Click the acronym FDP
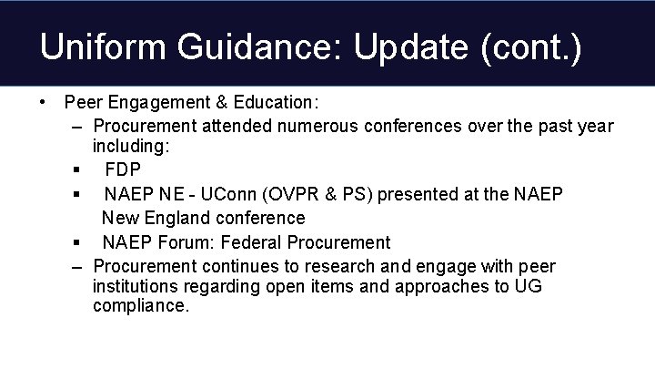123,169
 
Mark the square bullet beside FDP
80,170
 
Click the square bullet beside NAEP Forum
80,243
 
